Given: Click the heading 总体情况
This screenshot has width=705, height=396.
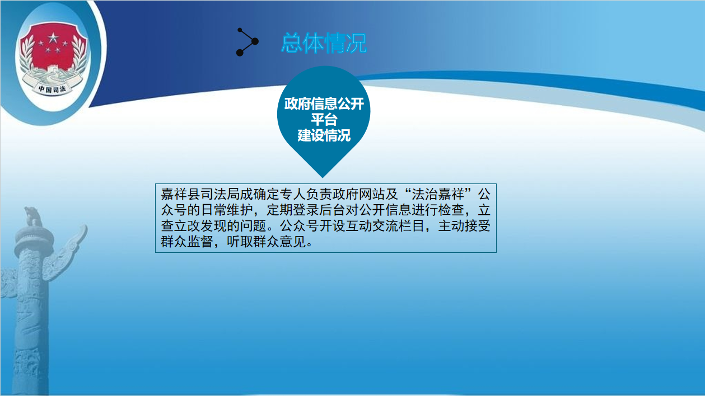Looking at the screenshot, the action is pos(324,43).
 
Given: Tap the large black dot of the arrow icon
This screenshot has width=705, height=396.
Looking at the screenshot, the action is pos(255,41).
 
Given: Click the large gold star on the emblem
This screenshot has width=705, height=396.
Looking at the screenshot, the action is pos(53,38).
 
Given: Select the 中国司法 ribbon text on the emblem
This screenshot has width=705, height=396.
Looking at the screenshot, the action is pos(52,89).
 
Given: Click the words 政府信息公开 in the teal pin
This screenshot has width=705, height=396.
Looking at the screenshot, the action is pos(324,103).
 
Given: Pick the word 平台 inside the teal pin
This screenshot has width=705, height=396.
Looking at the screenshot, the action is pos(324,120).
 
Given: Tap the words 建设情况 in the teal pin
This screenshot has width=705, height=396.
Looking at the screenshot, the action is pos(324,135).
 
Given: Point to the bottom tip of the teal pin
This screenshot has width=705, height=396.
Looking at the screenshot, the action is pos(323,177).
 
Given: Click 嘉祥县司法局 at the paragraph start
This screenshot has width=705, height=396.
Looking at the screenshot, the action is pos(200,194).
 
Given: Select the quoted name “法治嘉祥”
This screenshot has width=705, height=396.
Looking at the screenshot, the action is pos(438,194).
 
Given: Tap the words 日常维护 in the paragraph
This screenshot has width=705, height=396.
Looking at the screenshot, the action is pos(227,210).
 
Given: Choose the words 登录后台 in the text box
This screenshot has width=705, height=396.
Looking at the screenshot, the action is pos(319,210).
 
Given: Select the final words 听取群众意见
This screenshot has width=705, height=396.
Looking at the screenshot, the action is pos(266,242).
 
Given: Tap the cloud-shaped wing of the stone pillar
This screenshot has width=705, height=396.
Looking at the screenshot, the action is pos(64,254).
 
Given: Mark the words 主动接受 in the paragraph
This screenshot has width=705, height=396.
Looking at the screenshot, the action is pos(464,225).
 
